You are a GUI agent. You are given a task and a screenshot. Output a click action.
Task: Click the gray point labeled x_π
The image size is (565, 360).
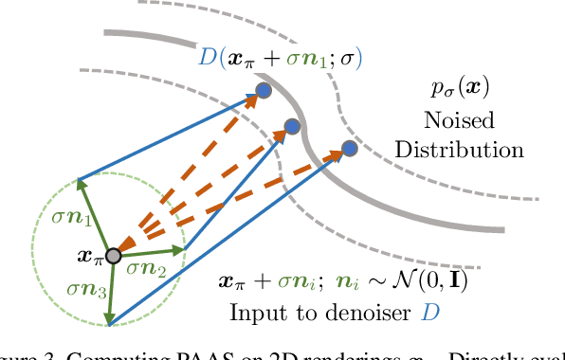[x=113, y=256]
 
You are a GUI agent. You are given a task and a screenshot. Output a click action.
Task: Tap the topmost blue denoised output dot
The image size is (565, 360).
[x=264, y=90]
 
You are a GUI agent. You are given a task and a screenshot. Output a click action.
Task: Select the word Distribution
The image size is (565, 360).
[x=460, y=150]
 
